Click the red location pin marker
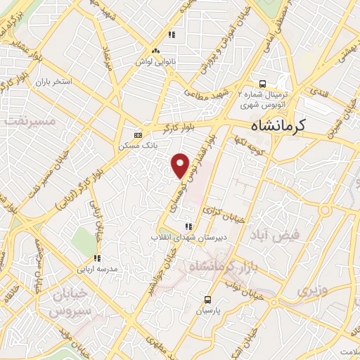[181, 165]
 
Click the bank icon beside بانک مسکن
[138, 135]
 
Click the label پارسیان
[208, 309]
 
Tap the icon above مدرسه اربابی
[97, 258]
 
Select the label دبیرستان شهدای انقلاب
[186, 237]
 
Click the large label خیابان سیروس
[70, 300]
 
